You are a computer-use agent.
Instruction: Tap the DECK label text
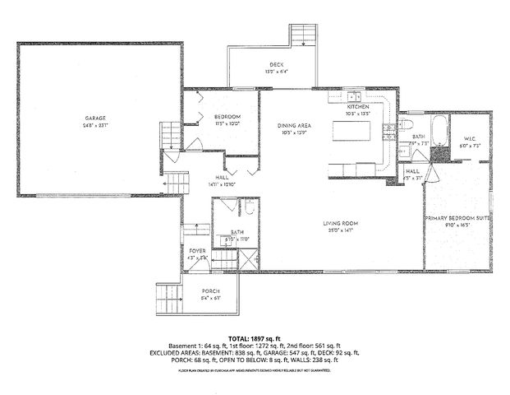pyautogui.click(x=275, y=65)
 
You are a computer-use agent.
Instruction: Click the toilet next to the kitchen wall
pyautogui.click(x=408, y=125)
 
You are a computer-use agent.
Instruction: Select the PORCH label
pyautogui.click(x=210, y=291)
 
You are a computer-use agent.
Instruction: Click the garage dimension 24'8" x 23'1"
pyautogui.click(x=96, y=125)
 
